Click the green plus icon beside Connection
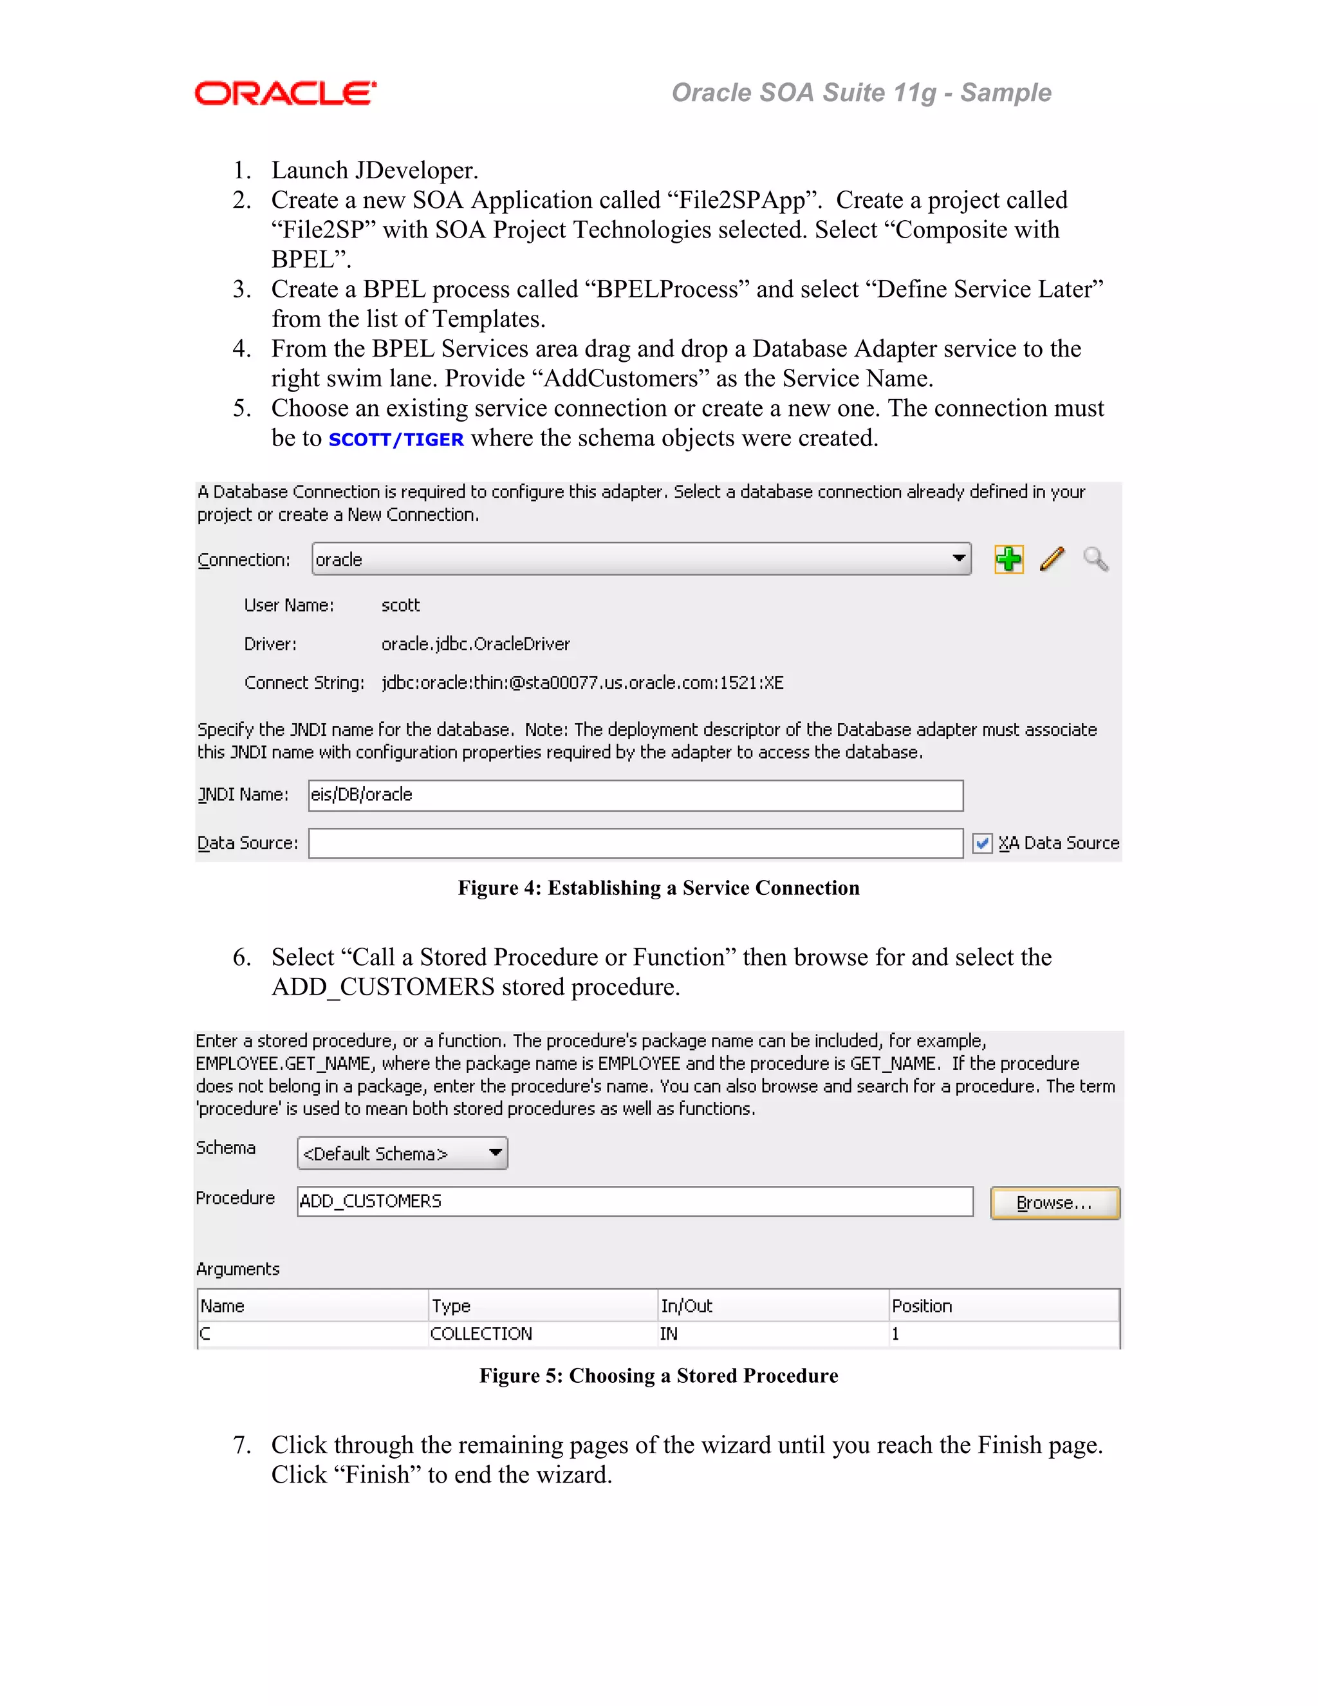pyautogui.click(x=1009, y=559)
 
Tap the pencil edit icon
pyautogui.click(x=1052, y=559)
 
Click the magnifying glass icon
pyautogui.click(x=1095, y=559)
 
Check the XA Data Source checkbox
pyautogui.click(x=982, y=843)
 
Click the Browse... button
pyautogui.click(x=1054, y=1203)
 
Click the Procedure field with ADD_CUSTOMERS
pyautogui.click(x=635, y=1201)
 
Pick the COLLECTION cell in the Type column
pyautogui.click(x=481, y=1334)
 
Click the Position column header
pyautogui.click(x=922, y=1306)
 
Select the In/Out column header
pyautogui.click(x=686, y=1306)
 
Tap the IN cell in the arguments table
pyautogui.click(x=669, y=1334)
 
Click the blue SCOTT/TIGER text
pyautogui.click(x=396, y=440)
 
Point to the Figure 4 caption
pyautogui.click(x=658, y=888)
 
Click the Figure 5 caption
pyautogui.click(x=658, y=1376)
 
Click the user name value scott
pyautogui.click(x=400, y=605)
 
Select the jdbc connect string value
pyautogui.click(x=582, y=682)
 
